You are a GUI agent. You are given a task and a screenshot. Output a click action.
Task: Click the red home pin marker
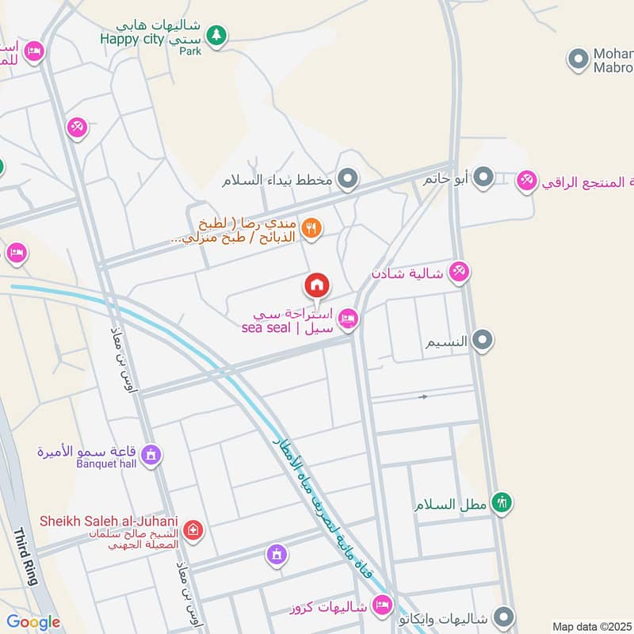coord(317,285)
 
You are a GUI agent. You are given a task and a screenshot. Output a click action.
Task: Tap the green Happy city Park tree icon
coord(216,36)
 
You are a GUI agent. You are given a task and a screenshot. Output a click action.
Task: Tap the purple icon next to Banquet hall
coord(152,455)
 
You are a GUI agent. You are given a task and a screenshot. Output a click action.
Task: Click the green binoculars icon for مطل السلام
coord(501,502)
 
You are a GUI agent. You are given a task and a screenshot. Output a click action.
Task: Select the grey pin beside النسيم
coord(481,342)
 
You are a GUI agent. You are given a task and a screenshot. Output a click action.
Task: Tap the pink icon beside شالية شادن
coord(458,273)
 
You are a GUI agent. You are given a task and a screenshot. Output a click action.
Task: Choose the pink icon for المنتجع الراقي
coord(526,181)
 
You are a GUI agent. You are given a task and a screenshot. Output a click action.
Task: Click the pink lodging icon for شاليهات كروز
coord(382,605)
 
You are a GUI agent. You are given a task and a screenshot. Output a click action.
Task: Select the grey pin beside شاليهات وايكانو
coord(502,617)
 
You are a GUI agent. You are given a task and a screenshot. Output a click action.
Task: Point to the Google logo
coord(33,622)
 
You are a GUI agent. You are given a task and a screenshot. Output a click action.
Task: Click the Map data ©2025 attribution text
coord(590,626)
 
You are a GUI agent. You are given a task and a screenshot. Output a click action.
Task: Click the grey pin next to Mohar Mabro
coord(578,58)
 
